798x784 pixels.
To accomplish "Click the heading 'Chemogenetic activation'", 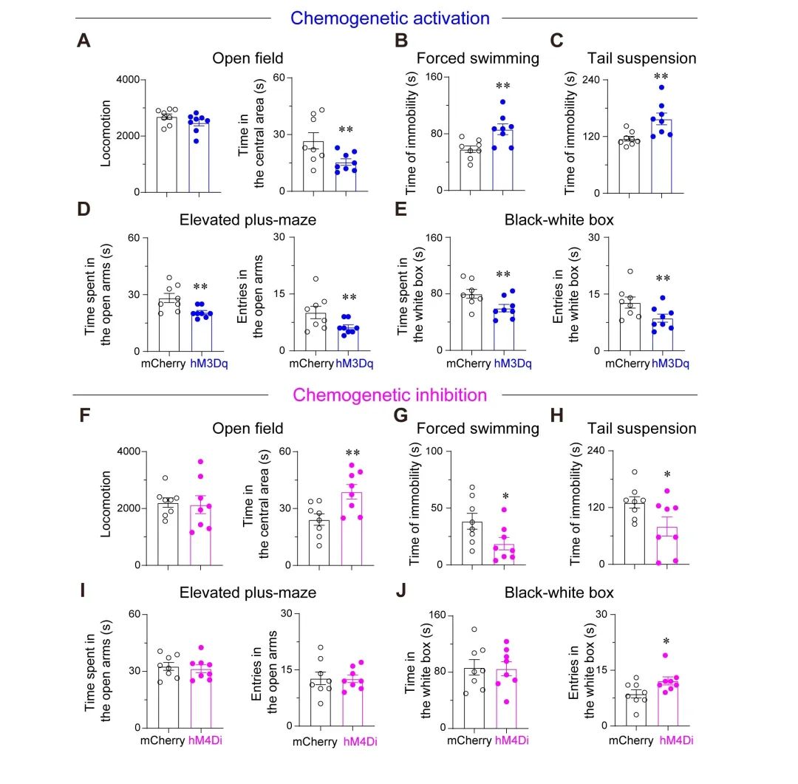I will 390,17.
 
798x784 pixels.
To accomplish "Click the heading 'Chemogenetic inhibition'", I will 390,395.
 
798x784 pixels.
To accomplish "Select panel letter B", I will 402,41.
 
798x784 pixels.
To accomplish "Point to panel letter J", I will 402,592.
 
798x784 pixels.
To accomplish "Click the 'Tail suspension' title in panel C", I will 641,58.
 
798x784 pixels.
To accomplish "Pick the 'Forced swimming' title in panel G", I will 478,429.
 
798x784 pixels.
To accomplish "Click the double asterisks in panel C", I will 661,77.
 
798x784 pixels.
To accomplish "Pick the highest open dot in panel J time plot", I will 474,630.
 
